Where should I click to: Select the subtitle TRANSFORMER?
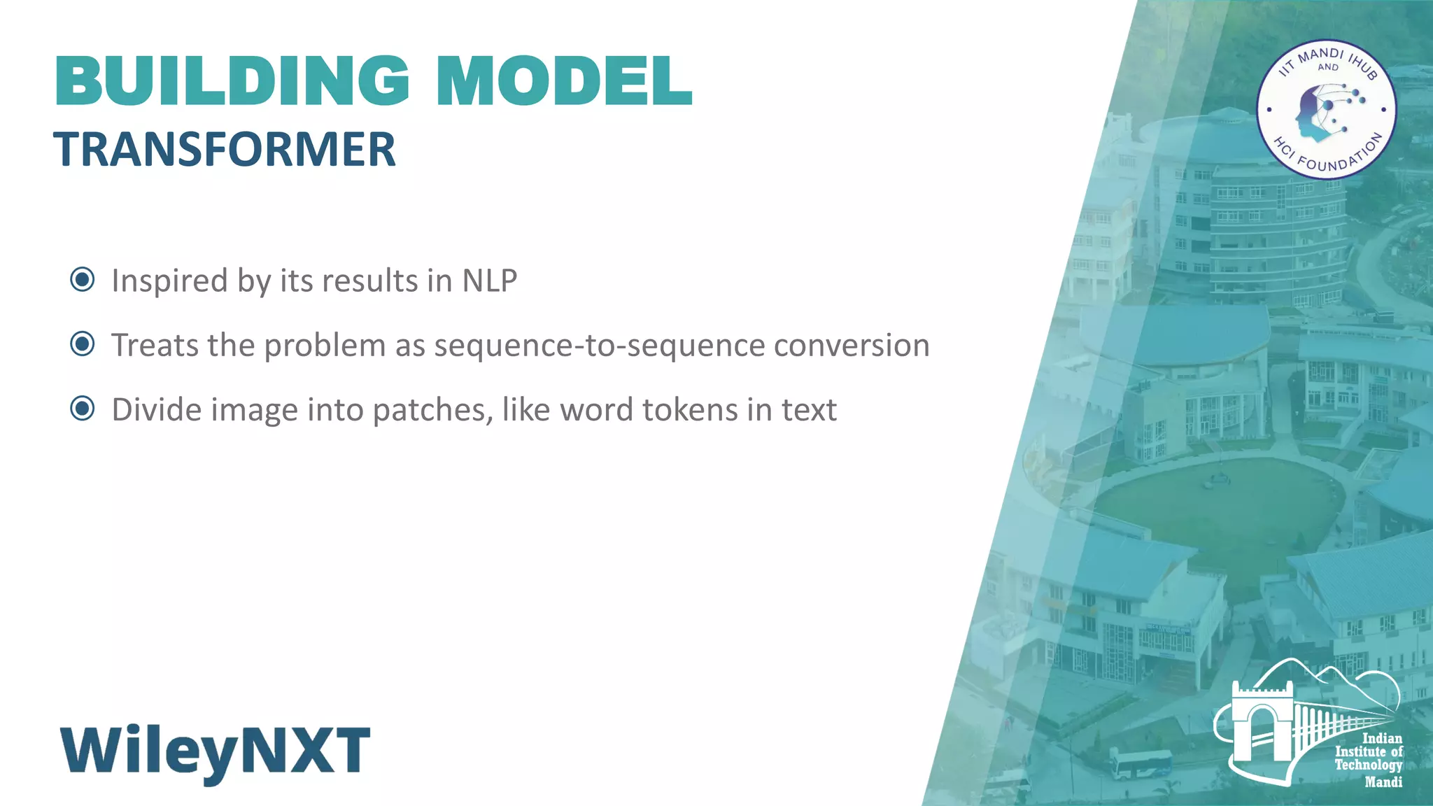(x=225, y=150)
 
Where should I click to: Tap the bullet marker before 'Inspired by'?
(x=83, y=280)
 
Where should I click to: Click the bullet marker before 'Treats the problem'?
(x=83, y=344)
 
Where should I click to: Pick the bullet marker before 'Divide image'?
(x=83, y=409)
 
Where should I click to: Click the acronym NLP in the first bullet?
(x=489, y=281)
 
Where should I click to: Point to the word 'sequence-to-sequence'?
(x=599, y=346)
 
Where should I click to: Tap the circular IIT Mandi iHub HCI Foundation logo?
(x=1326, y=109)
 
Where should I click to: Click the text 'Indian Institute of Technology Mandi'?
(x=1369, y=760)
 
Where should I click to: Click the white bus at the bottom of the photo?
(x=1141, y=763)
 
